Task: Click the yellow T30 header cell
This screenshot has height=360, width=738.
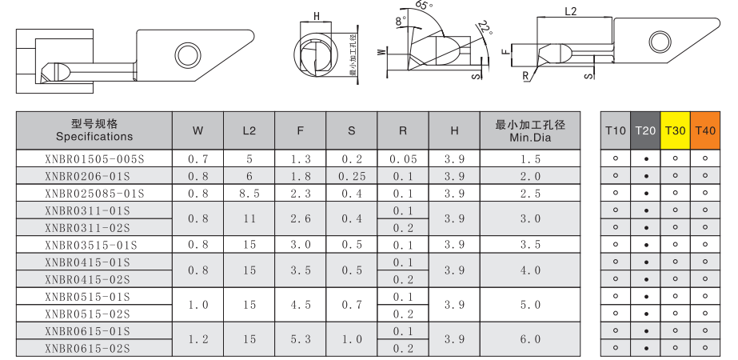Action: (x=676, y=130)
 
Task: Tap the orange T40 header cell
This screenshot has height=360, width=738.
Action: (x=705, y=130)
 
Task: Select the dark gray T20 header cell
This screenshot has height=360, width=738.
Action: (x=646, y=130)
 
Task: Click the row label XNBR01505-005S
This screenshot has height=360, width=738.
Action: (x=94, y=159)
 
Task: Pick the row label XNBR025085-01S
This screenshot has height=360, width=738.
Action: (x=94, y=194)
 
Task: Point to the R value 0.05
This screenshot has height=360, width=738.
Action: (x=403, y=159)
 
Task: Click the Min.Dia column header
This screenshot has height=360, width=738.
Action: (x=530, y=131)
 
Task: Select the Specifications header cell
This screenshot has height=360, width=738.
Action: (x=94, y=131)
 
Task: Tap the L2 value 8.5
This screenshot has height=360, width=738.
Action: (x=249, y=194)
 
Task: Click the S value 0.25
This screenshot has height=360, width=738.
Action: (x=352, y=176)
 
